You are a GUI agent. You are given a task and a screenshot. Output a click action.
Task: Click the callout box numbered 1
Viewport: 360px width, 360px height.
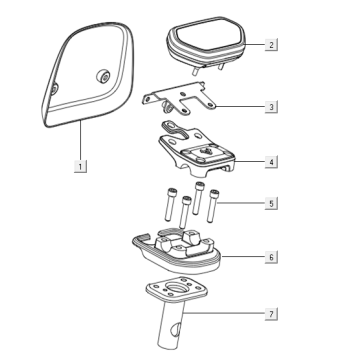80,166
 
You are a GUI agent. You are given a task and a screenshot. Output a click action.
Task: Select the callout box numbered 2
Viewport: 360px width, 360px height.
271,44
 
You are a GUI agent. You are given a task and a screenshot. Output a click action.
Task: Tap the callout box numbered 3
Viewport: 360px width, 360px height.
271,107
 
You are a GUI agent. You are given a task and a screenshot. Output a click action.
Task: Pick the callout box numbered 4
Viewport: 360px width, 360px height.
271,162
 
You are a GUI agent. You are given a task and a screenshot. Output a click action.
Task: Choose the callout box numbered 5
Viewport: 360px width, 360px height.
271,203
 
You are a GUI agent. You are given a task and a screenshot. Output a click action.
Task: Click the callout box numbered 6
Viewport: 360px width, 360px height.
271,257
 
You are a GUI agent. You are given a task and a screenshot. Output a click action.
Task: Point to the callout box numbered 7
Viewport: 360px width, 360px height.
271,314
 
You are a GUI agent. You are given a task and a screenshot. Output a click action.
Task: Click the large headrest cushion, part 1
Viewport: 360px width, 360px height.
88,74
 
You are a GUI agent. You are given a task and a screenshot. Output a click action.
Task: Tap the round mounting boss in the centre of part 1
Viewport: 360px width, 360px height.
103,76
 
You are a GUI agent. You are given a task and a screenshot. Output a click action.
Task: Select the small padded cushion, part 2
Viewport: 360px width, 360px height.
206,42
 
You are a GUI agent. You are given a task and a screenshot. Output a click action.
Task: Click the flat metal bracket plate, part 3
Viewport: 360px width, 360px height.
180,98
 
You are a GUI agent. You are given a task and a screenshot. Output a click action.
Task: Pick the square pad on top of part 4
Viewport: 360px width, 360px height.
206,153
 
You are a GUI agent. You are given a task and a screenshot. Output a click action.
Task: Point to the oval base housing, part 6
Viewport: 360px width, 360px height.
177,252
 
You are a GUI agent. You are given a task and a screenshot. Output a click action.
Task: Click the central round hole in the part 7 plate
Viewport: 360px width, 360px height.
177,287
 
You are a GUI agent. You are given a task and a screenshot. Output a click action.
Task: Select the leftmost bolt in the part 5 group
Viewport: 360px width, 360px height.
169,204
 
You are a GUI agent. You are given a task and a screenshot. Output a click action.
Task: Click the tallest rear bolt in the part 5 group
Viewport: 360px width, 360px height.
199,198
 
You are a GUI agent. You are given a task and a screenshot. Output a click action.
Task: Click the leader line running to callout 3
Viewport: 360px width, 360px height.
241,107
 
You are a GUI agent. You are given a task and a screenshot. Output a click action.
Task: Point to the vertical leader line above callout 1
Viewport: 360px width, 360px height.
80,141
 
